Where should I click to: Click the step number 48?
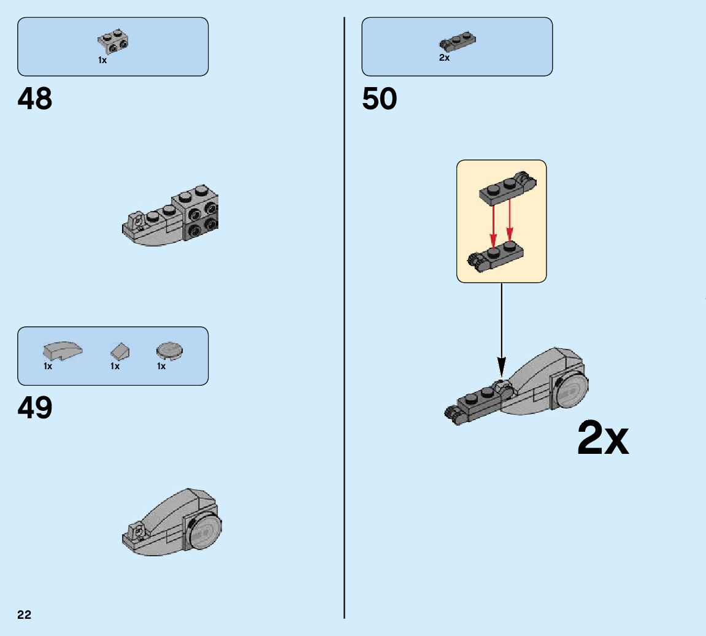click(35, 99)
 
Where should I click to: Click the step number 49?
click(35, 408)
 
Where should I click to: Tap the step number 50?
click(379, 99)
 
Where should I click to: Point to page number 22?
click(25, 615)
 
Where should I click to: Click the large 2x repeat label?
click(603, 438)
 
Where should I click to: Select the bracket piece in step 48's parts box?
click(113, 41)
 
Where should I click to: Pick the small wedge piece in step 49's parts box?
click(120, 351)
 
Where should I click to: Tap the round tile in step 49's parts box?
click(170, 350)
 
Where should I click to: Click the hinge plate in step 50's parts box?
click(458, 42)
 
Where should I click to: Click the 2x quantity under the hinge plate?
click(444, 58)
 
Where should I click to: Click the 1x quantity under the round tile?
click(161, 366)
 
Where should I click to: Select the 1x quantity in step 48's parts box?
click(102, 60)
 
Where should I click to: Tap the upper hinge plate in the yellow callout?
click(506, 188)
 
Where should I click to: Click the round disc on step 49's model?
click(205, 530)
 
